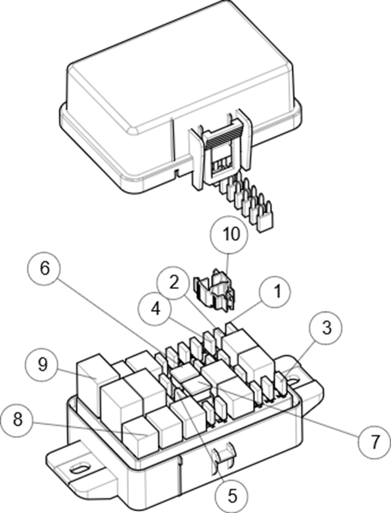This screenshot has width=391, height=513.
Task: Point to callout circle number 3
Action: pos(326,328)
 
